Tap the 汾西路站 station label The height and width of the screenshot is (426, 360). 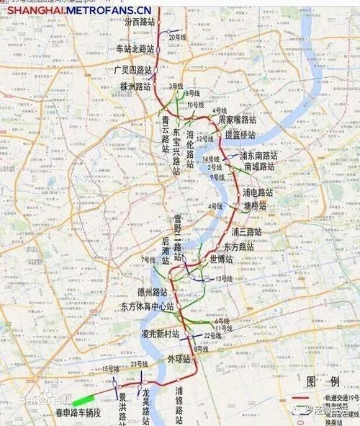139,23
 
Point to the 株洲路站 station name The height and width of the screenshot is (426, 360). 135,86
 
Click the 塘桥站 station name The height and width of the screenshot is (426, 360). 255,205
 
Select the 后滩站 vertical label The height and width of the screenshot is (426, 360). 166,251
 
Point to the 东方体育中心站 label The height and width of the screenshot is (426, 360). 148,306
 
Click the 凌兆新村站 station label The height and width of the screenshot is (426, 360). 160,334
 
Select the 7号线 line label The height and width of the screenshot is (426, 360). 148,259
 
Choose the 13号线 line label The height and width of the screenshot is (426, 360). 224,278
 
